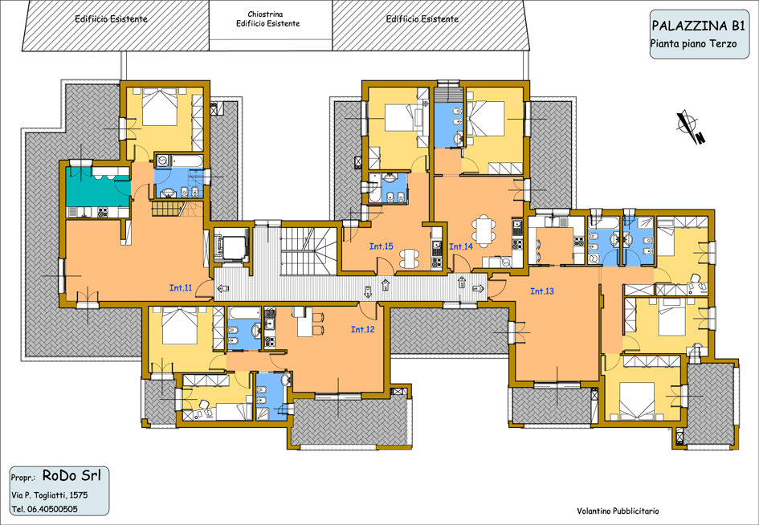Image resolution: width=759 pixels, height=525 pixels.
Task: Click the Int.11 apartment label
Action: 181,288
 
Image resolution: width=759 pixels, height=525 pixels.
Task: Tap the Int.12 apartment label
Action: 362,329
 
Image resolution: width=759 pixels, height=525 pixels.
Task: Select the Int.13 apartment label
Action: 542,291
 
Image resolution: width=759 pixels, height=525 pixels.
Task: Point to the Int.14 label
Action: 461,246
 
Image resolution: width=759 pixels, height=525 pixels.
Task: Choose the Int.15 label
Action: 381,246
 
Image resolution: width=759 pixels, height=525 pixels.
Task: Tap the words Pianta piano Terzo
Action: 693,43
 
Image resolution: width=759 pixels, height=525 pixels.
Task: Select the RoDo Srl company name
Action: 71,475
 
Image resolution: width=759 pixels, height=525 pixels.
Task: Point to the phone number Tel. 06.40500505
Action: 44,509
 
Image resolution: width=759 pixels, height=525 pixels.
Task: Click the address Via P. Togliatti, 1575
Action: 50,495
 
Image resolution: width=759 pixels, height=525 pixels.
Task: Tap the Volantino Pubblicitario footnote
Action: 618,511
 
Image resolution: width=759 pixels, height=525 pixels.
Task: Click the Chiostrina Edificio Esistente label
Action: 267,19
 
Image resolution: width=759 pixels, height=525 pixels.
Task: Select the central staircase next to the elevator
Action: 308,251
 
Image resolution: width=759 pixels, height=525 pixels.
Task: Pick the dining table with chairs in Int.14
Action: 484,231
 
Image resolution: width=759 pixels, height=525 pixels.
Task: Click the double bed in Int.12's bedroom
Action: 180,326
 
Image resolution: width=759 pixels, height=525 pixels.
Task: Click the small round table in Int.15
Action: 410,258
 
